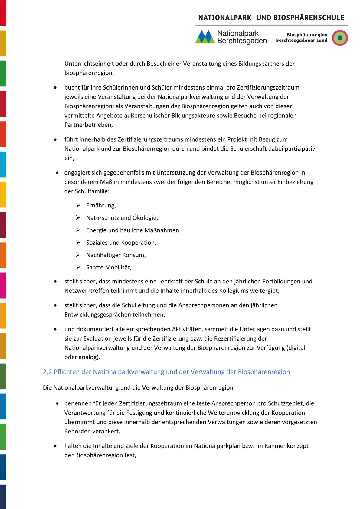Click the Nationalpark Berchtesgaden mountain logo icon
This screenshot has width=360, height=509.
(205, 37)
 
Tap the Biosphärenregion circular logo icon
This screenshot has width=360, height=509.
(340, 38)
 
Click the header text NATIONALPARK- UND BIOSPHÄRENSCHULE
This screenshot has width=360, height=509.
(271, 18)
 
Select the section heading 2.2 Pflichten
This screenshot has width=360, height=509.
(166, 372)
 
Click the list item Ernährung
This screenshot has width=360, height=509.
(101, 206)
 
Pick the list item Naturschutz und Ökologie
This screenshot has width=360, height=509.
(122, 218)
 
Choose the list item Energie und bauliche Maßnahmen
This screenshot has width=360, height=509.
(133, 230)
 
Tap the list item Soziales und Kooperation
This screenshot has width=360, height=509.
(121, 243)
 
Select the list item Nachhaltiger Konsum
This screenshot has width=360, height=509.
(116, 255)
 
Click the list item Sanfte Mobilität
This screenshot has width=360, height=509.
(109, 268)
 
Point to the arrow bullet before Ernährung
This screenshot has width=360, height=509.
(78, 205)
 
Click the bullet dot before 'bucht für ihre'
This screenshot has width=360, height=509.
(55, 88)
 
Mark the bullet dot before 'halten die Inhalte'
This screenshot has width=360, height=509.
(55, 446)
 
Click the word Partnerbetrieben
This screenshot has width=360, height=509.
(88, 125)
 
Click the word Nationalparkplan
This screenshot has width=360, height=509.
(217, 446)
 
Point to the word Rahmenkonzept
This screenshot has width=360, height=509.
(286, 446)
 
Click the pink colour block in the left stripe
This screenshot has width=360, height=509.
(3, 285)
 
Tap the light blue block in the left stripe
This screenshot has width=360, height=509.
(3, 164)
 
